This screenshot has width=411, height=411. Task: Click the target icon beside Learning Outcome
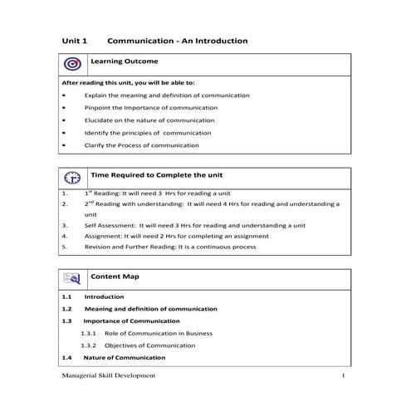(71, 64)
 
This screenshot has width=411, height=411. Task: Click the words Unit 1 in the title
(76, 40)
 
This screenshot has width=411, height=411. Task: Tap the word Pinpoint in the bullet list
(98, 108)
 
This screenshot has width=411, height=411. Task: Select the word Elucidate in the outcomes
(100, 120)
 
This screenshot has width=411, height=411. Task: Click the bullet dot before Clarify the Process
(65, 146)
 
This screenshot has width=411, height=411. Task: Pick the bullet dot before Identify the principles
(65, 133)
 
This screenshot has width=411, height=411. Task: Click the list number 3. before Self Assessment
(65, 225)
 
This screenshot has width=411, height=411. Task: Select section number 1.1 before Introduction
(67, 296)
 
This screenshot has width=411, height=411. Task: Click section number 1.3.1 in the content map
(89, 332)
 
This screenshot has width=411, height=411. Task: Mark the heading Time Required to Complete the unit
(162, 176)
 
